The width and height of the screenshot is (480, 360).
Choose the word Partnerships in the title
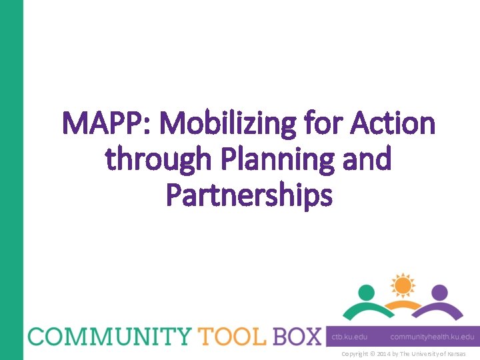click(x=249, y=196)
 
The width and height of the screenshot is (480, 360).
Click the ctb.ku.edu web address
click(x=349, y=337)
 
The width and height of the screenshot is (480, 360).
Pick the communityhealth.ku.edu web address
click(x=432, y=337)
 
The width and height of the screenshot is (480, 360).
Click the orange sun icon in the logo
click(x=402, y=285)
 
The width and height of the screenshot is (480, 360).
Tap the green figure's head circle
click(x=367, y=292)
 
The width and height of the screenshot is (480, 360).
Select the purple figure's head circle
click(x=439, y=292)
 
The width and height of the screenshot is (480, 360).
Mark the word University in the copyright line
click(x=423, y=353)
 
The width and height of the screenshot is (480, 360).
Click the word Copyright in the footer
click(x=356, y=353)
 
